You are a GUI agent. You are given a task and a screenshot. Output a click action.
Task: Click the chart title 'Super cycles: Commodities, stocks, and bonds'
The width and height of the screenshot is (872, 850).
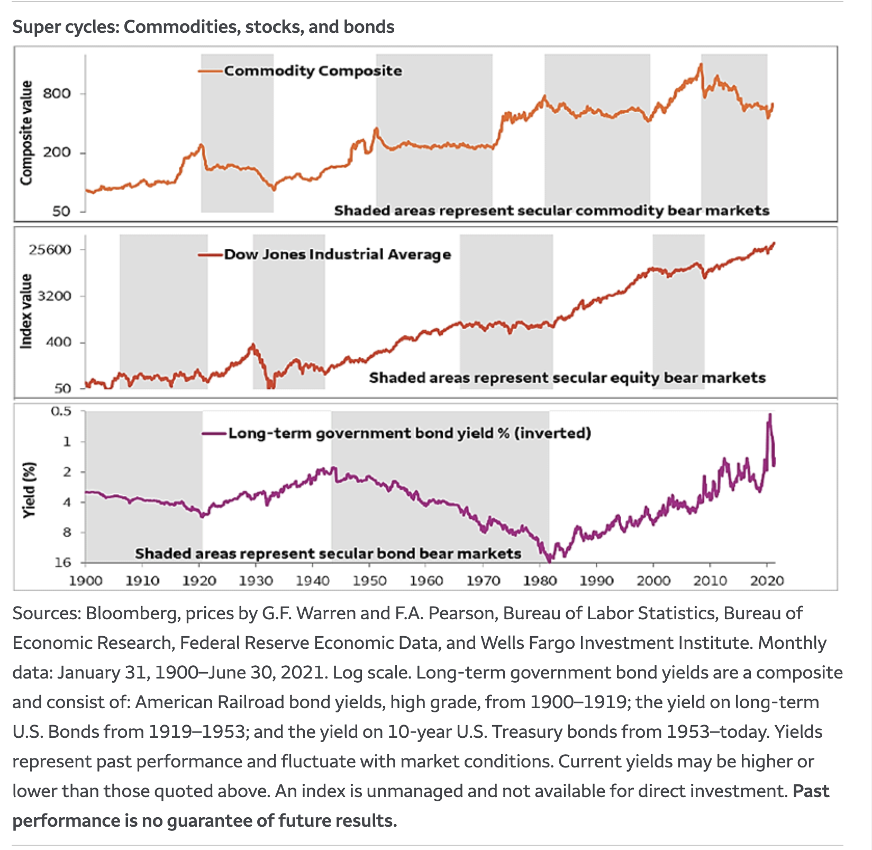203,27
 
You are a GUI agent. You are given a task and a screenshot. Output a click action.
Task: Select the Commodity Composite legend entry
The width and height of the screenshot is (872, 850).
312,71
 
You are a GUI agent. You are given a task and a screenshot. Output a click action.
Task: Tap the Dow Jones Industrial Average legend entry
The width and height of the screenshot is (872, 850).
337,255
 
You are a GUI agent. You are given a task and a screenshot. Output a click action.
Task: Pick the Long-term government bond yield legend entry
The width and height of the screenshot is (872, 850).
409,433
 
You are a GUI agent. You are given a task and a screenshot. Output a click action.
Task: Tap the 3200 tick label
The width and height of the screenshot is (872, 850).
55,296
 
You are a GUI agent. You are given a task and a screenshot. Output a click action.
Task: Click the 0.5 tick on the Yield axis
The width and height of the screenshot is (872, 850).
60,411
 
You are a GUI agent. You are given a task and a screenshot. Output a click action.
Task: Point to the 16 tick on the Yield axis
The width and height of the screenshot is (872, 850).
63,562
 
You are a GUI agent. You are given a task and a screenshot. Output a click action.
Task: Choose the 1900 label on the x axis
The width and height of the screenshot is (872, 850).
86,581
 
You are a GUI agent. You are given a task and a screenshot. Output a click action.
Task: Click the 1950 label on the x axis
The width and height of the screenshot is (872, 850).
369,581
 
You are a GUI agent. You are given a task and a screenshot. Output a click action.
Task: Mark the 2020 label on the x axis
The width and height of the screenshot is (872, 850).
767,581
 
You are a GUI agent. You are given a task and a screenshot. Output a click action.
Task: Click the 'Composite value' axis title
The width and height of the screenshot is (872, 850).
26,132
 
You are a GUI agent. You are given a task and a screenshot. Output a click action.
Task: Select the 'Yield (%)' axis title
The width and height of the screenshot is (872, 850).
30,490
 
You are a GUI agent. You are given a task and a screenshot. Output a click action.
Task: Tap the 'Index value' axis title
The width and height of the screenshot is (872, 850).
26,311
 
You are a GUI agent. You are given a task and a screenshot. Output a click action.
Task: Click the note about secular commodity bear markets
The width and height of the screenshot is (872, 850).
551,211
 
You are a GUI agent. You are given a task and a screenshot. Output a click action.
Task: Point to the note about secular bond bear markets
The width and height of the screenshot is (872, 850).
328,554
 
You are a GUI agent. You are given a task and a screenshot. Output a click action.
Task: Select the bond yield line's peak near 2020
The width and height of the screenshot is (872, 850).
770,415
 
